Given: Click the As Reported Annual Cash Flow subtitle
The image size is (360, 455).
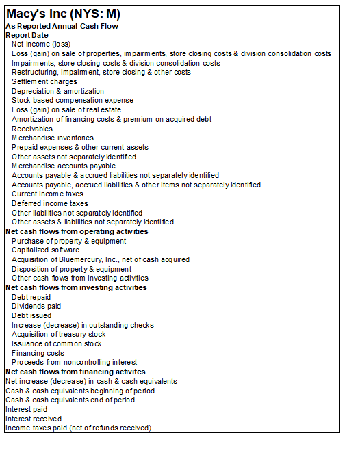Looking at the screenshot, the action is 62,26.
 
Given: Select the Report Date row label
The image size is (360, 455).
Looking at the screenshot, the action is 27,35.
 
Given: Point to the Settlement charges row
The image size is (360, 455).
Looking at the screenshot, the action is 44,81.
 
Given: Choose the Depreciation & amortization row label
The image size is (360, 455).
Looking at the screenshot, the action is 58,91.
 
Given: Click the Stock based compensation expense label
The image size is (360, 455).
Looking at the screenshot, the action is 73,100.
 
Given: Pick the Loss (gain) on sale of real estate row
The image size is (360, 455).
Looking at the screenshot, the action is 66,109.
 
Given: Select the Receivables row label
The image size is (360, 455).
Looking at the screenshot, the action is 31,129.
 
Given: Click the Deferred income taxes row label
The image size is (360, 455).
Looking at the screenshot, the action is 50,203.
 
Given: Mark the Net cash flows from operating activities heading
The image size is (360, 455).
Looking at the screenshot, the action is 77,231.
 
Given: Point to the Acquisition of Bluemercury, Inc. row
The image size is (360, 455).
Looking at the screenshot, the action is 101,259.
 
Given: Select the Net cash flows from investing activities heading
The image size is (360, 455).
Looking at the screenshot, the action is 76,287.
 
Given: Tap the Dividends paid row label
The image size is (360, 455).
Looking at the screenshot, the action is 36,306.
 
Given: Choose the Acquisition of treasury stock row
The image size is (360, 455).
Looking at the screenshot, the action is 59,334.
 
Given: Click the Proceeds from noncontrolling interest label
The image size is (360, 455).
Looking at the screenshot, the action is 74,362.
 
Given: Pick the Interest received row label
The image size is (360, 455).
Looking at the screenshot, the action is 34,418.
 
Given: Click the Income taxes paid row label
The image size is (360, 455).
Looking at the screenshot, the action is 78,428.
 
